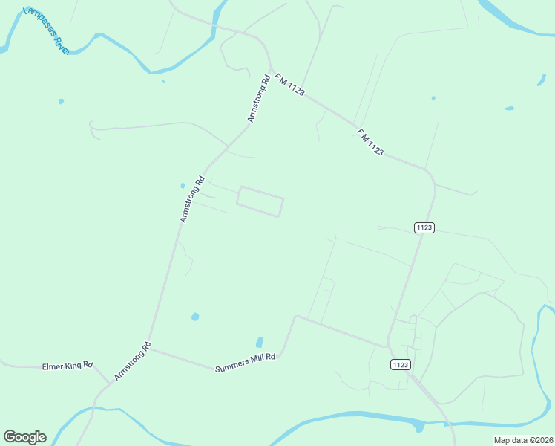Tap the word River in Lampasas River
(x=59, y=42)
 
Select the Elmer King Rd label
(x=68, y=366)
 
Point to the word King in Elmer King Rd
(x=73, y=366)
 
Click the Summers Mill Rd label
(x=245, y=363)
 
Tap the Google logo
(x=24, y=437)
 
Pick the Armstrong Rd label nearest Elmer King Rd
(x=133, y=362)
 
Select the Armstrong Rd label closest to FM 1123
(x=258, y=99)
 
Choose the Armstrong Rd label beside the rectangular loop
(x=191, y=199)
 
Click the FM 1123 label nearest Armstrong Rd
(x=289, y=83)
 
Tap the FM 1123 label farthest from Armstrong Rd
(x=370, y=141)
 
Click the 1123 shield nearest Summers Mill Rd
(x=399, y=364)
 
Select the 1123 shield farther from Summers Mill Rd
(x=424, y=227)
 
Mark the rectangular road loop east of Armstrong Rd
(x=260, y=201)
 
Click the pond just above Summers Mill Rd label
(x=260, y=342)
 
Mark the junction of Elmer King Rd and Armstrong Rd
(x=112, y=382)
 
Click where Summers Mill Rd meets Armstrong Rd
(x=151, y=349)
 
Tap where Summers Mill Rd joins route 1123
(x=387, y=346)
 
